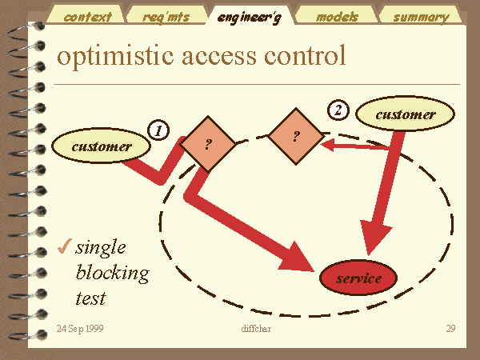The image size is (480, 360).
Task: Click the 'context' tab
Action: click(86, 15)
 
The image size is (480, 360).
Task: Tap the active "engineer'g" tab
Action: click(250, 16)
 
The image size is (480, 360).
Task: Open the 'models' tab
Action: click(337, 15)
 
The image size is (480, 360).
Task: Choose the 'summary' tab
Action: click(422, 15)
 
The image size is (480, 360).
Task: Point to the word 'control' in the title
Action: click(305, 55)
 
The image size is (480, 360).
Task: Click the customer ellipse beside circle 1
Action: click(101, 146)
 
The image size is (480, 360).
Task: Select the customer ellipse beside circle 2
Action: click(405, 114)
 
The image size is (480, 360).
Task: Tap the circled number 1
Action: click(158, 130)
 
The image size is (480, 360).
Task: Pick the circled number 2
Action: click(338, 110)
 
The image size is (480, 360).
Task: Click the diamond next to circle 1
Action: click(208, 144)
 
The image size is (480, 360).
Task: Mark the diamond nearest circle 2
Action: click(296, 136)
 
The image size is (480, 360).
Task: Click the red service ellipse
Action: click(358, 278)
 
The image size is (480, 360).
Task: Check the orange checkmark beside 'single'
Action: click(65, 246)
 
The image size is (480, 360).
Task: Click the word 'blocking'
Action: click(112, 273)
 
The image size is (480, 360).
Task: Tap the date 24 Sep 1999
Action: click(80, 328)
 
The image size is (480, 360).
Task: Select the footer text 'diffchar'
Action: click(256, 329)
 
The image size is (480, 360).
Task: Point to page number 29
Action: click(450, 328)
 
